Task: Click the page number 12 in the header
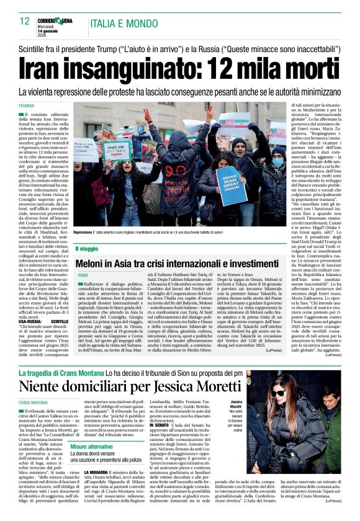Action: [x=24, y=21]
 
